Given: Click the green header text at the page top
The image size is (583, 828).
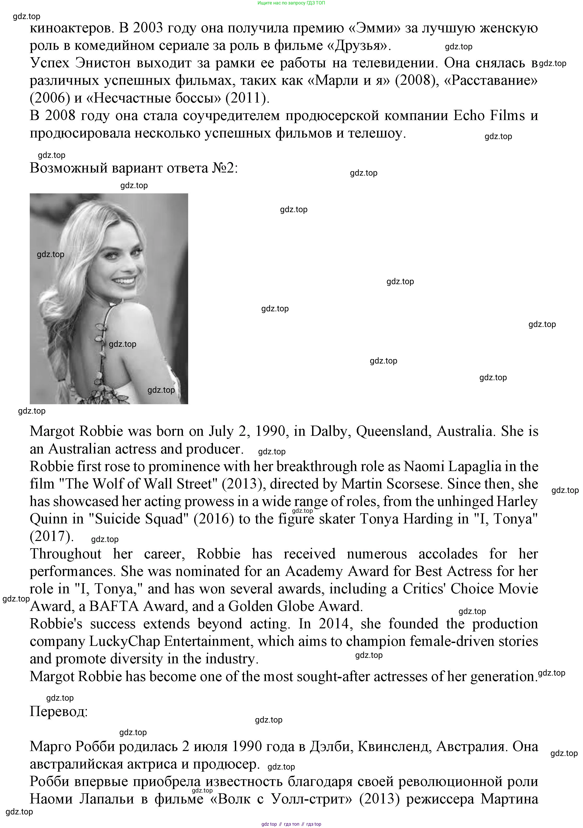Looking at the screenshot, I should (x=291, y=3).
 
